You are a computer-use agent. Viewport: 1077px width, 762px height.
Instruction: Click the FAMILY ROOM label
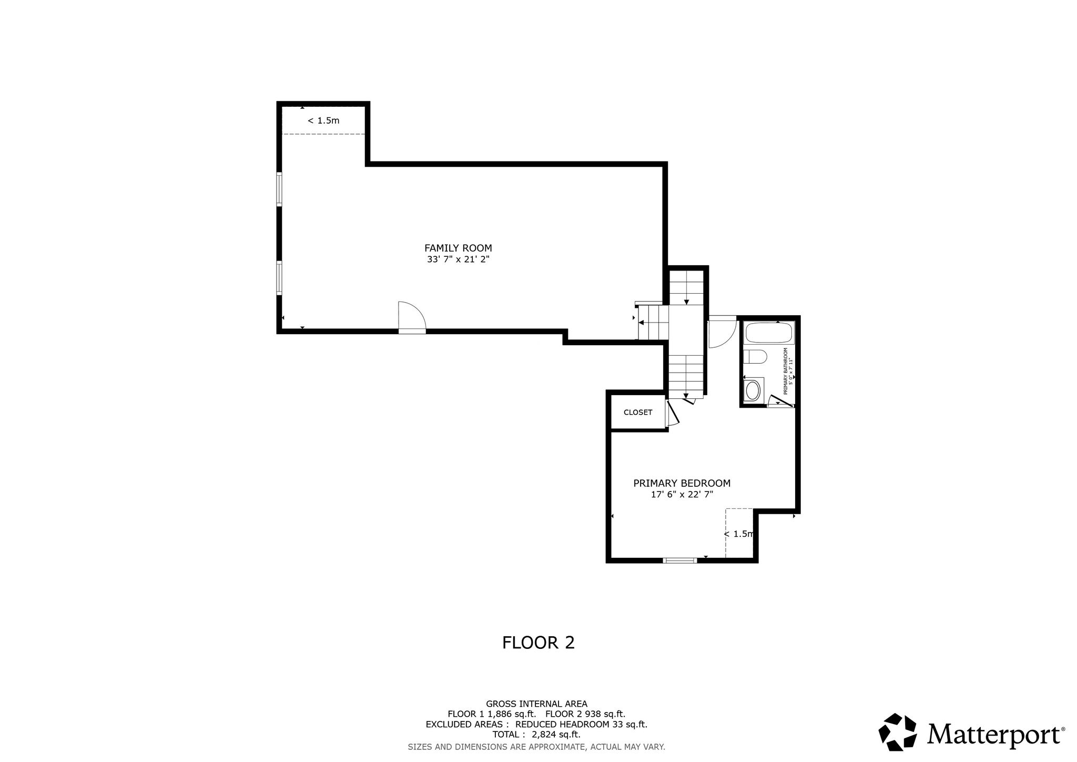point(458,248)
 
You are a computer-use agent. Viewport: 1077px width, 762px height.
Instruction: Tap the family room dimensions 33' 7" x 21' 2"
point(458,259)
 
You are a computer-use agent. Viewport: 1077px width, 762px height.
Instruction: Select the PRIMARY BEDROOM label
point(682,483)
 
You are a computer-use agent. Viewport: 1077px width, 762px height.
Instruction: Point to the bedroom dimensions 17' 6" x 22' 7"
point(682,495)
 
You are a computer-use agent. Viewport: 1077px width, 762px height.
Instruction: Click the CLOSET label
point(638,413)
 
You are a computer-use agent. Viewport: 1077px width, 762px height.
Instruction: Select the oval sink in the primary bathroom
point(753,390)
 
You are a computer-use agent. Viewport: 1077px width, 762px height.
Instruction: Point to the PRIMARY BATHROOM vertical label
point(787,371)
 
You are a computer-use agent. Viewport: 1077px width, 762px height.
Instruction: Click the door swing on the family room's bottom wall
point(411,317)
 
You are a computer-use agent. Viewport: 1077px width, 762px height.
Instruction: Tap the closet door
point(673,413)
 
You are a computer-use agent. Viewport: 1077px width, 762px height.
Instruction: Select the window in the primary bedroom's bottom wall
point(680,560)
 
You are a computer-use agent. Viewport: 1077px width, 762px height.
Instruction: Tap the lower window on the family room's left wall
point(279,278)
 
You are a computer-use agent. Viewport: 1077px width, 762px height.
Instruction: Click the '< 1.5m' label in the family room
point(323,121)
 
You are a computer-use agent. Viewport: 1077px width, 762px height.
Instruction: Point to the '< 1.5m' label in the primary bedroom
point(739,534)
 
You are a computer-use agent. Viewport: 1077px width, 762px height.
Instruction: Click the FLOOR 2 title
point(538,643)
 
